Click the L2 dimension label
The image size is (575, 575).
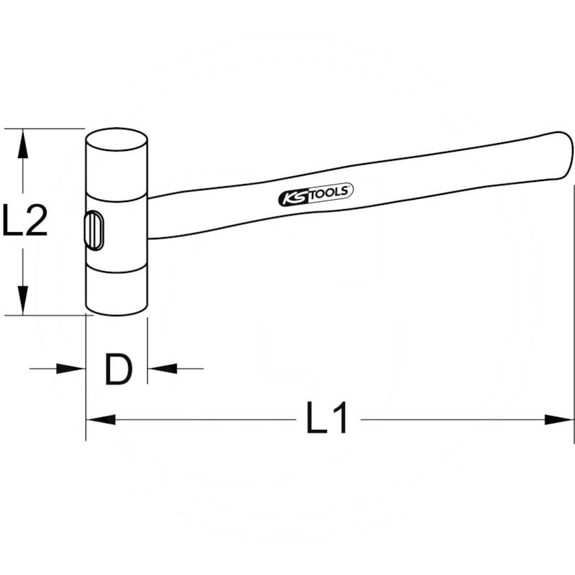[25, 220]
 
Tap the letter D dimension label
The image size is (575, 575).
[118, 369]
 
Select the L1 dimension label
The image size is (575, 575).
[326, 418]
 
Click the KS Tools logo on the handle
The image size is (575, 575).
[316, 194]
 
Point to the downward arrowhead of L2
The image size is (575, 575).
[23, 300]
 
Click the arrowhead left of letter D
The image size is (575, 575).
[70, 369]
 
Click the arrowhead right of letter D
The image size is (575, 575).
[162, 369]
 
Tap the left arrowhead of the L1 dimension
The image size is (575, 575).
[101, 420]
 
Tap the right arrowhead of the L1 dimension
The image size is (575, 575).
[558, 420]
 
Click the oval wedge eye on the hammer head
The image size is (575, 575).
[94, 231]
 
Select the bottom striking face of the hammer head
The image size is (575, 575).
[117, 309]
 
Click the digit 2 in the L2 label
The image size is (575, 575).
[37, 220]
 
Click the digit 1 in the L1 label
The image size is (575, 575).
[339, 418]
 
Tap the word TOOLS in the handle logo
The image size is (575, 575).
[327, 192]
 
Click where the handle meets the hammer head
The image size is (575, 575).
[148, 218]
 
